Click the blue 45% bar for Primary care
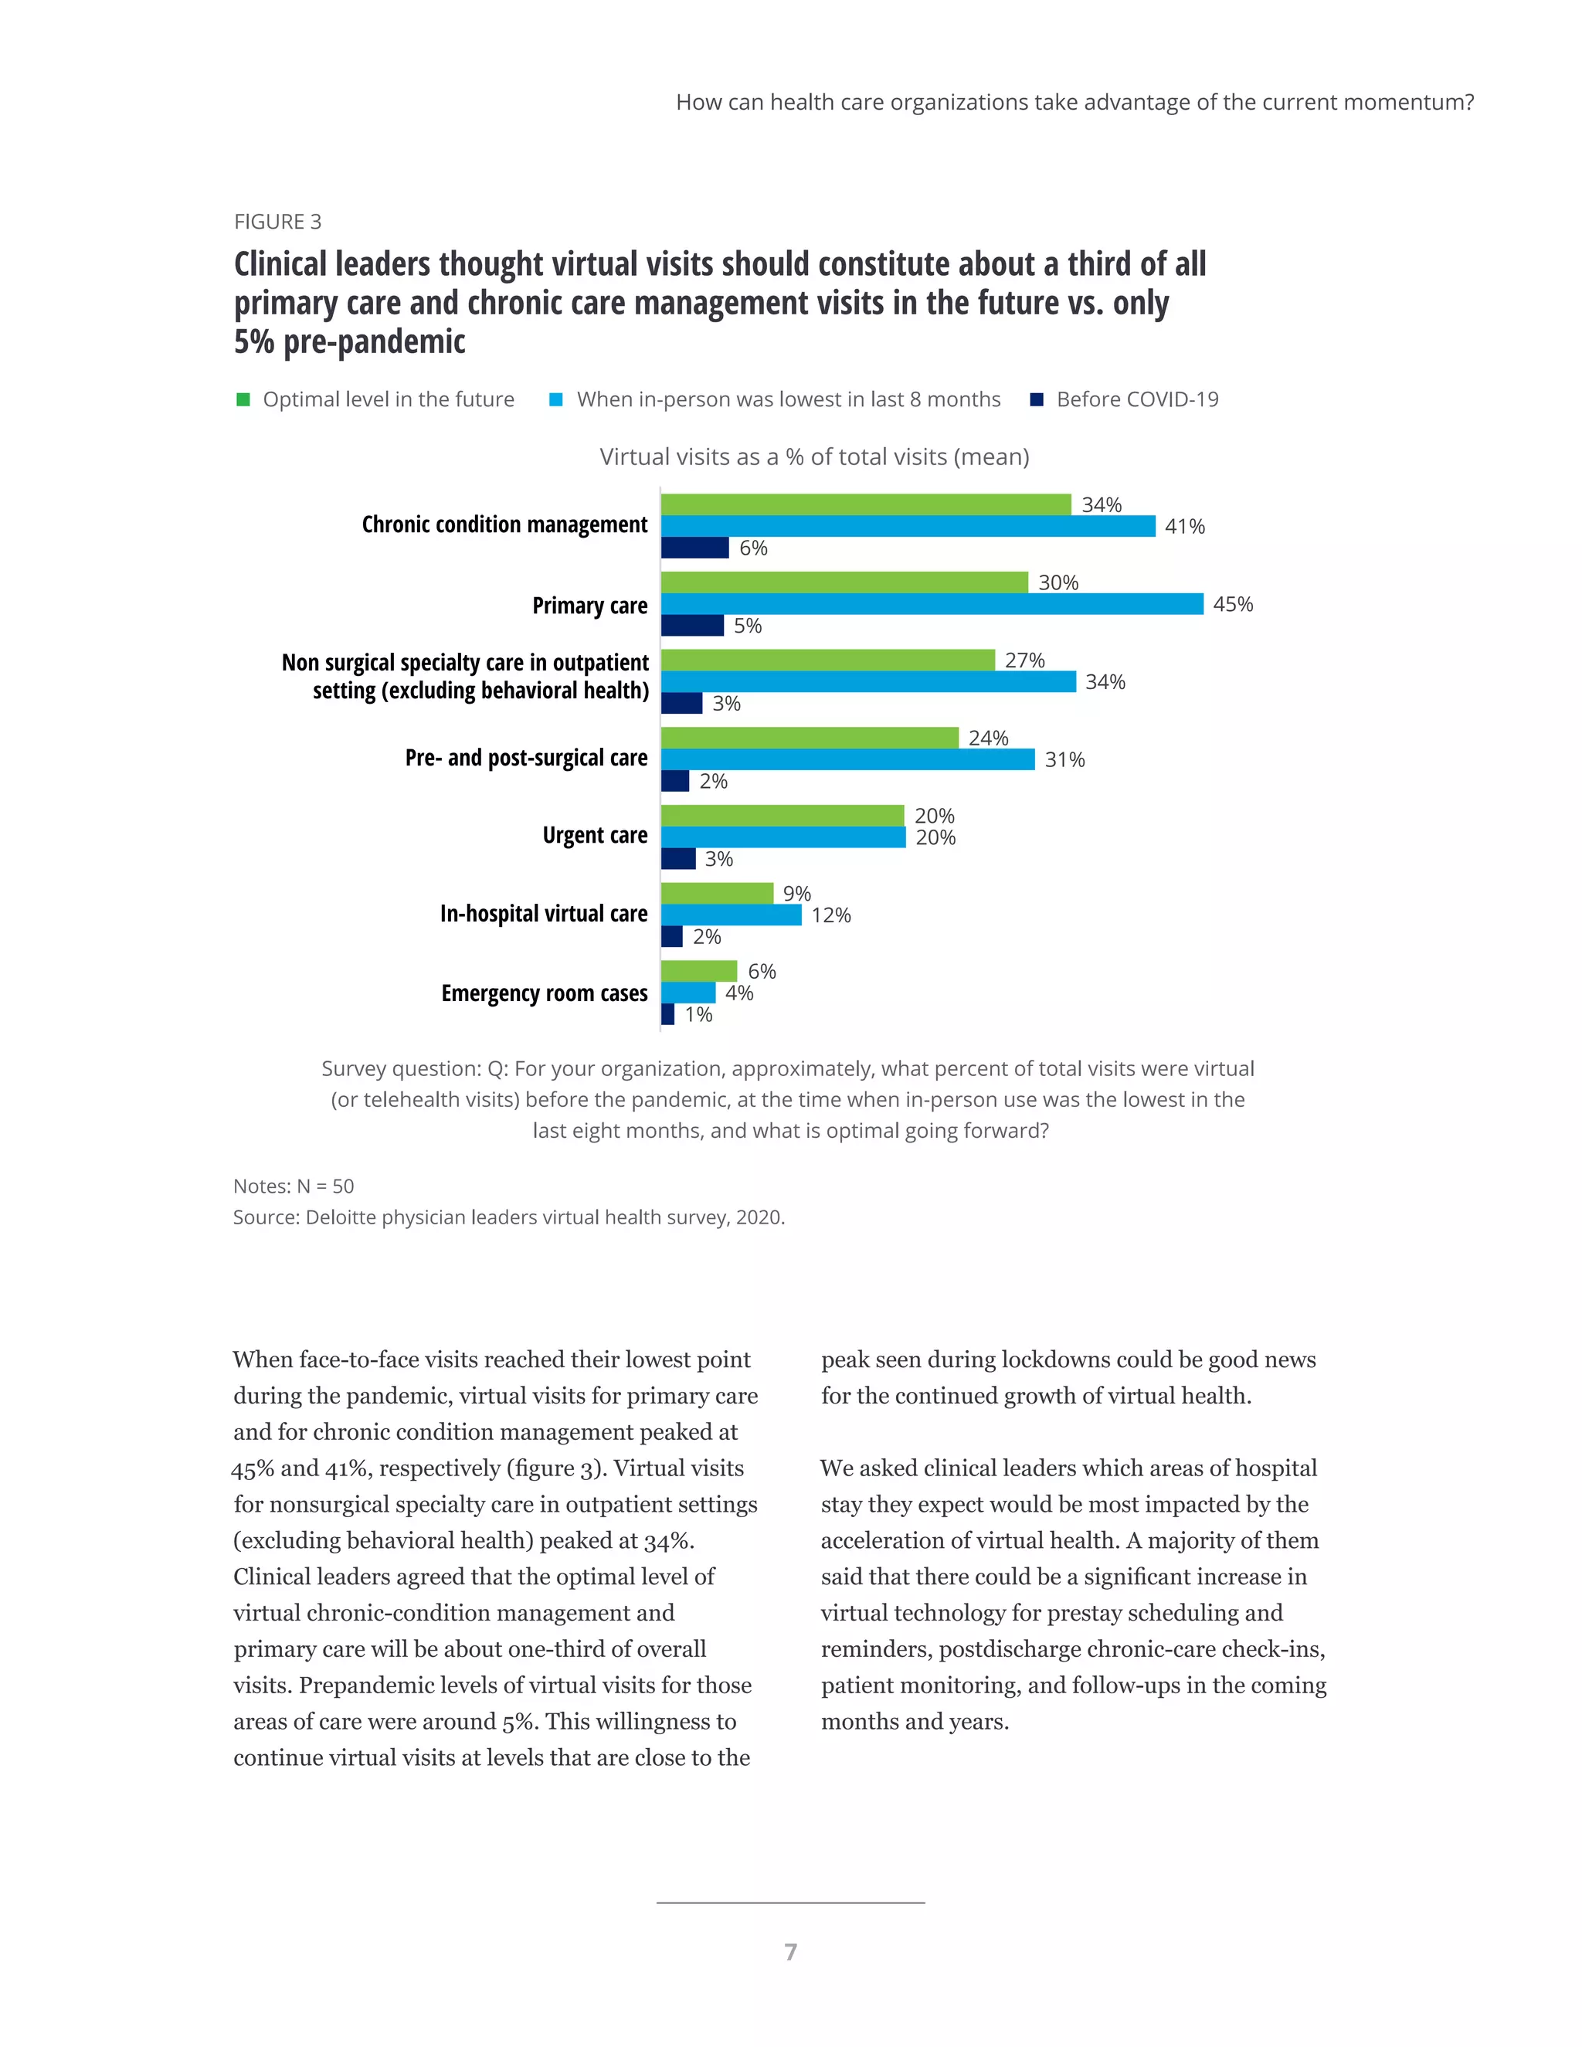932,605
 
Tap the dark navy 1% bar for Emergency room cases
667,1014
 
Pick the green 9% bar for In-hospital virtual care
717,893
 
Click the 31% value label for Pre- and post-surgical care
1064,760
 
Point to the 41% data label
1185,527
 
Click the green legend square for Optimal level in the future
243,400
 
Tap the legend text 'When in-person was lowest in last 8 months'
788,399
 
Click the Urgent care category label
594,835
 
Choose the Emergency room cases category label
544,993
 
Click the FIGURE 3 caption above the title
277,222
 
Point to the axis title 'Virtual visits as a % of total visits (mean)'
813,457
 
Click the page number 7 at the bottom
790,1951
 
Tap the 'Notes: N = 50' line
294,1186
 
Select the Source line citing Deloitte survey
508,1217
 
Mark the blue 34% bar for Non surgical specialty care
867,682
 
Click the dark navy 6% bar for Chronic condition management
694,548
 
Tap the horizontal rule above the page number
790,1903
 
